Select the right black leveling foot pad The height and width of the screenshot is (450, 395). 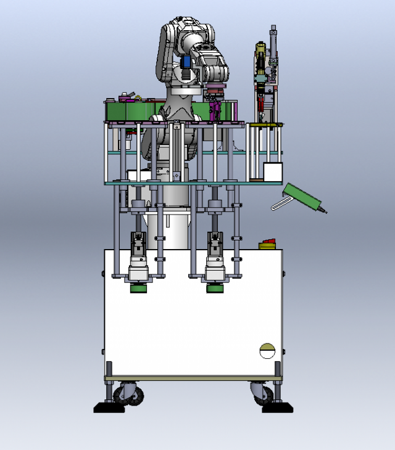click(277, 407)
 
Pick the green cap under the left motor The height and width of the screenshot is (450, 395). click(139, 288)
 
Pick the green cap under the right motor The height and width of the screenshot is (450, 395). click(215, 288)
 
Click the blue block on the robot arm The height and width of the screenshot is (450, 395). click(185, 62)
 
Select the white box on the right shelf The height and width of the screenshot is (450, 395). click(272, 171)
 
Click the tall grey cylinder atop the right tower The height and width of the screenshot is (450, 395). click(272, 40)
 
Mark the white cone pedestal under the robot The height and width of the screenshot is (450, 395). click(170, 228)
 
